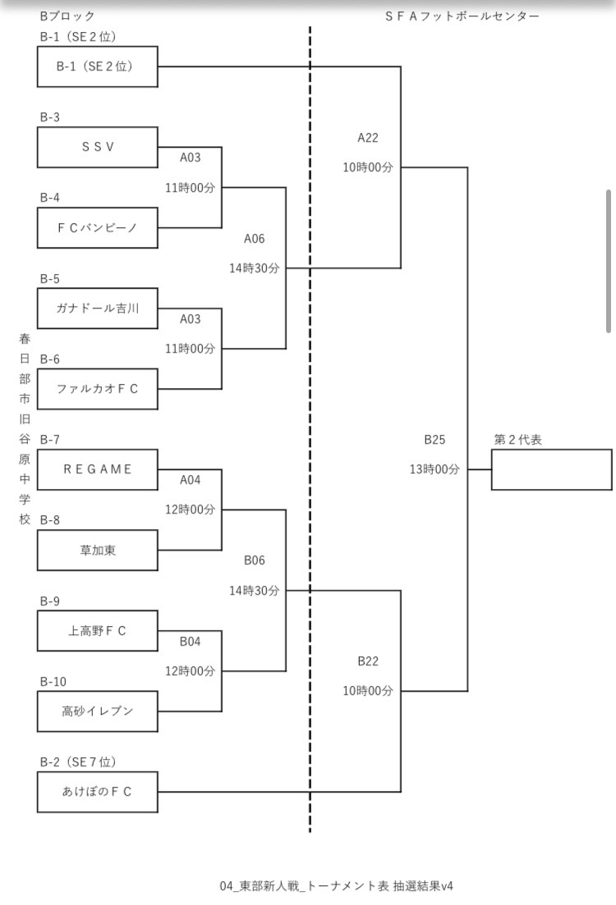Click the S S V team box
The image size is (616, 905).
point(97,147)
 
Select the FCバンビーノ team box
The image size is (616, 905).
point(97,227)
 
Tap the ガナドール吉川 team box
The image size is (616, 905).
point(97,309)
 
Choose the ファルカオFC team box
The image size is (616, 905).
point(97,389)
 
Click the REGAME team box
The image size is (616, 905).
point(97,469)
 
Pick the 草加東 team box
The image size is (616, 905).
point(97,550)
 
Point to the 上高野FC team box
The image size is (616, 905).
point(97,631)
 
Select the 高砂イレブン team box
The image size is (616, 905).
point(97,711)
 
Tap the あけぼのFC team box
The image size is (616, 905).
point(97,792)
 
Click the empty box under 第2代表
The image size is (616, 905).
point(551,469)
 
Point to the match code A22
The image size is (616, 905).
point(368,138)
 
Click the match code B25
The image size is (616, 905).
point(434,440)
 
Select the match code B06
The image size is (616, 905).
point(255,560)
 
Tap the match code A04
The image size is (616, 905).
point(190,480)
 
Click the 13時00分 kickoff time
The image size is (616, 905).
point(434,469)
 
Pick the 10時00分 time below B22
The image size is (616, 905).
point(368,691)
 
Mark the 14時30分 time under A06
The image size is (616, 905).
point(255,268)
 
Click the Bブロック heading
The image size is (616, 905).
point(67,16)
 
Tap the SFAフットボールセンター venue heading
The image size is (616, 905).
point(462,16)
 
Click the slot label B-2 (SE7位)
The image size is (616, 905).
point(78,762)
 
